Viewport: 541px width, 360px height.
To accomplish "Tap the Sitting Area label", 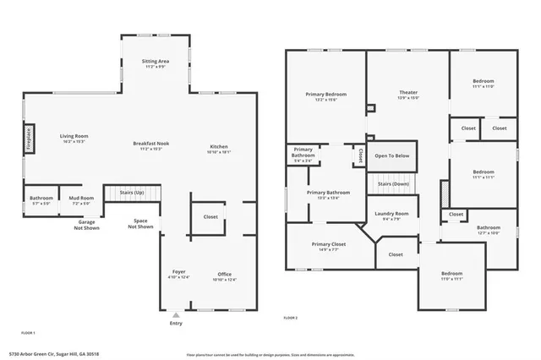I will click(x=156, y=62).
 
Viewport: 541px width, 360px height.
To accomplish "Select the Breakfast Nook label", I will click(x=151, y=144).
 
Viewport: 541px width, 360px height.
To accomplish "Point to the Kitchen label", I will click(x=219, y=148).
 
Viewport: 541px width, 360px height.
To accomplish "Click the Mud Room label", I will click(x=81, y=199).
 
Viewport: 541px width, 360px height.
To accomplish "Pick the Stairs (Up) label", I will click(x=133, y=192).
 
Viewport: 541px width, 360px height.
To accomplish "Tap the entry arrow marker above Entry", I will click(x=176, y=314).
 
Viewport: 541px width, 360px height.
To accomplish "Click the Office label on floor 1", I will click(x=224, y=275).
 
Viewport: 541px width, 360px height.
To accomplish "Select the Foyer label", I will click(x=179, y=272).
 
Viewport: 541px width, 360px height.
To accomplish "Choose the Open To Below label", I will click(x=391, y=155).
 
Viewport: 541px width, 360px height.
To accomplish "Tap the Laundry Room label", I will click(x=391, y=214).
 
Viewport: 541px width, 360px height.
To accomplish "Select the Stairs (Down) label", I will click(x=392, y=183).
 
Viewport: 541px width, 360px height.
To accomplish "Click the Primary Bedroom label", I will click(x=325, y=95).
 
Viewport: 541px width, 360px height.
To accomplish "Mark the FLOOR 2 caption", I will click(x=290, y=318).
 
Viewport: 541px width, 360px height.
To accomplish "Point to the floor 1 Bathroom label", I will click(x=41, y=199).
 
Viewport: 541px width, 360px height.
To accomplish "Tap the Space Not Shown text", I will click(x=140, y=224).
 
